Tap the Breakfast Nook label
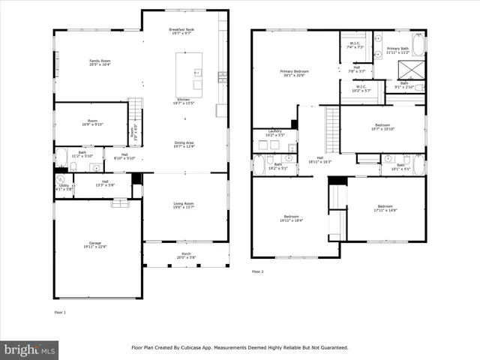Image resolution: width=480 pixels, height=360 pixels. [184, 30]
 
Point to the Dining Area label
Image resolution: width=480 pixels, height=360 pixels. [184, 142]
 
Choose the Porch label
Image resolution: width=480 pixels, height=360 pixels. [184, 254]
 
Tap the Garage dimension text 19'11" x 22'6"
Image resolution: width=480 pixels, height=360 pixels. [96, 247]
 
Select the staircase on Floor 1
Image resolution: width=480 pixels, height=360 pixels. [135, 112]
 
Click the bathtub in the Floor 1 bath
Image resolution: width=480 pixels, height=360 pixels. [61, 159]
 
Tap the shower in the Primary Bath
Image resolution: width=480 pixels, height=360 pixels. [412, 70]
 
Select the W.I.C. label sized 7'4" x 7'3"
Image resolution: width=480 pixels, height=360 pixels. [355, 43]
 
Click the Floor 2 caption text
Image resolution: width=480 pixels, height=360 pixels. [258, 271]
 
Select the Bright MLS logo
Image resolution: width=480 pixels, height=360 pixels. [30, 349]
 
